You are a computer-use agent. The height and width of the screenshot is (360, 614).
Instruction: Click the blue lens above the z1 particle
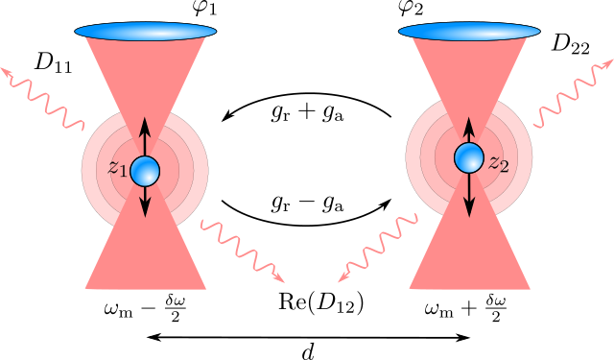point(146,32)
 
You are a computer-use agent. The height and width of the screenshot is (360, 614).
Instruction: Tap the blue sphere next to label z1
point(145,171)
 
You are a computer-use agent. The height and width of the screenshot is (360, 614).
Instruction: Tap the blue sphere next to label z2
point(469,157)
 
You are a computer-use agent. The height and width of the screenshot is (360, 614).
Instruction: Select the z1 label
point(117,169)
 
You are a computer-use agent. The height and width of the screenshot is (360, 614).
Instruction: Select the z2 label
point(498,161)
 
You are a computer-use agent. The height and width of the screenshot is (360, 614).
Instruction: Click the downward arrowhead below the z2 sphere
point(469,206)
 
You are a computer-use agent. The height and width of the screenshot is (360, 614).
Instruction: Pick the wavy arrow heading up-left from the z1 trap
point(43,96)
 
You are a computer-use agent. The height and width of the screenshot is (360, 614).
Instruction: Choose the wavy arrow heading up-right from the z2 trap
point(573,94)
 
